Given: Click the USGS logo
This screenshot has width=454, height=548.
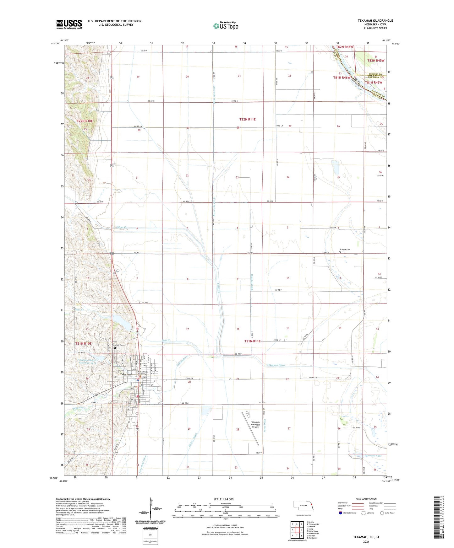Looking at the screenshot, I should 69,24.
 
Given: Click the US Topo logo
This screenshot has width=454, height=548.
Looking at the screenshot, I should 226,26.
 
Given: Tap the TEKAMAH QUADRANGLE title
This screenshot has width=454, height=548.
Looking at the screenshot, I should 375,21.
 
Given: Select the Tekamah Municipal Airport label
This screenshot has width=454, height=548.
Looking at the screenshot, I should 255,424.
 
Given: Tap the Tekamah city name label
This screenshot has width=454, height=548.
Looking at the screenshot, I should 126,374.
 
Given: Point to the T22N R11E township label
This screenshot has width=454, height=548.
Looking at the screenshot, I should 250,119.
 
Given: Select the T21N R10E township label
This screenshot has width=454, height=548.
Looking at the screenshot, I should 83,343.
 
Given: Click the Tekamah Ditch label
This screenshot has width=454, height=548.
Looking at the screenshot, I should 276,365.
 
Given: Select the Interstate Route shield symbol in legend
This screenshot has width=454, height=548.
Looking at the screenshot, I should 341,513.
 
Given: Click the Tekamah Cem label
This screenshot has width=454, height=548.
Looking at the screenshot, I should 118,345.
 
